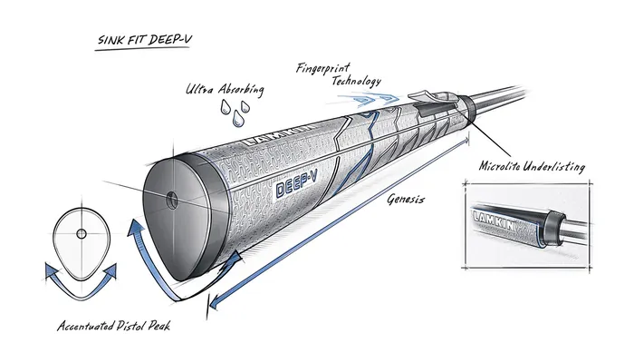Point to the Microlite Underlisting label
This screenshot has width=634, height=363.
tap(532, 167)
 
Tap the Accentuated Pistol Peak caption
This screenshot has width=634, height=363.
tap(114, 326)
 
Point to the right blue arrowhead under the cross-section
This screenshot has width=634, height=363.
tap(116, 270)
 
